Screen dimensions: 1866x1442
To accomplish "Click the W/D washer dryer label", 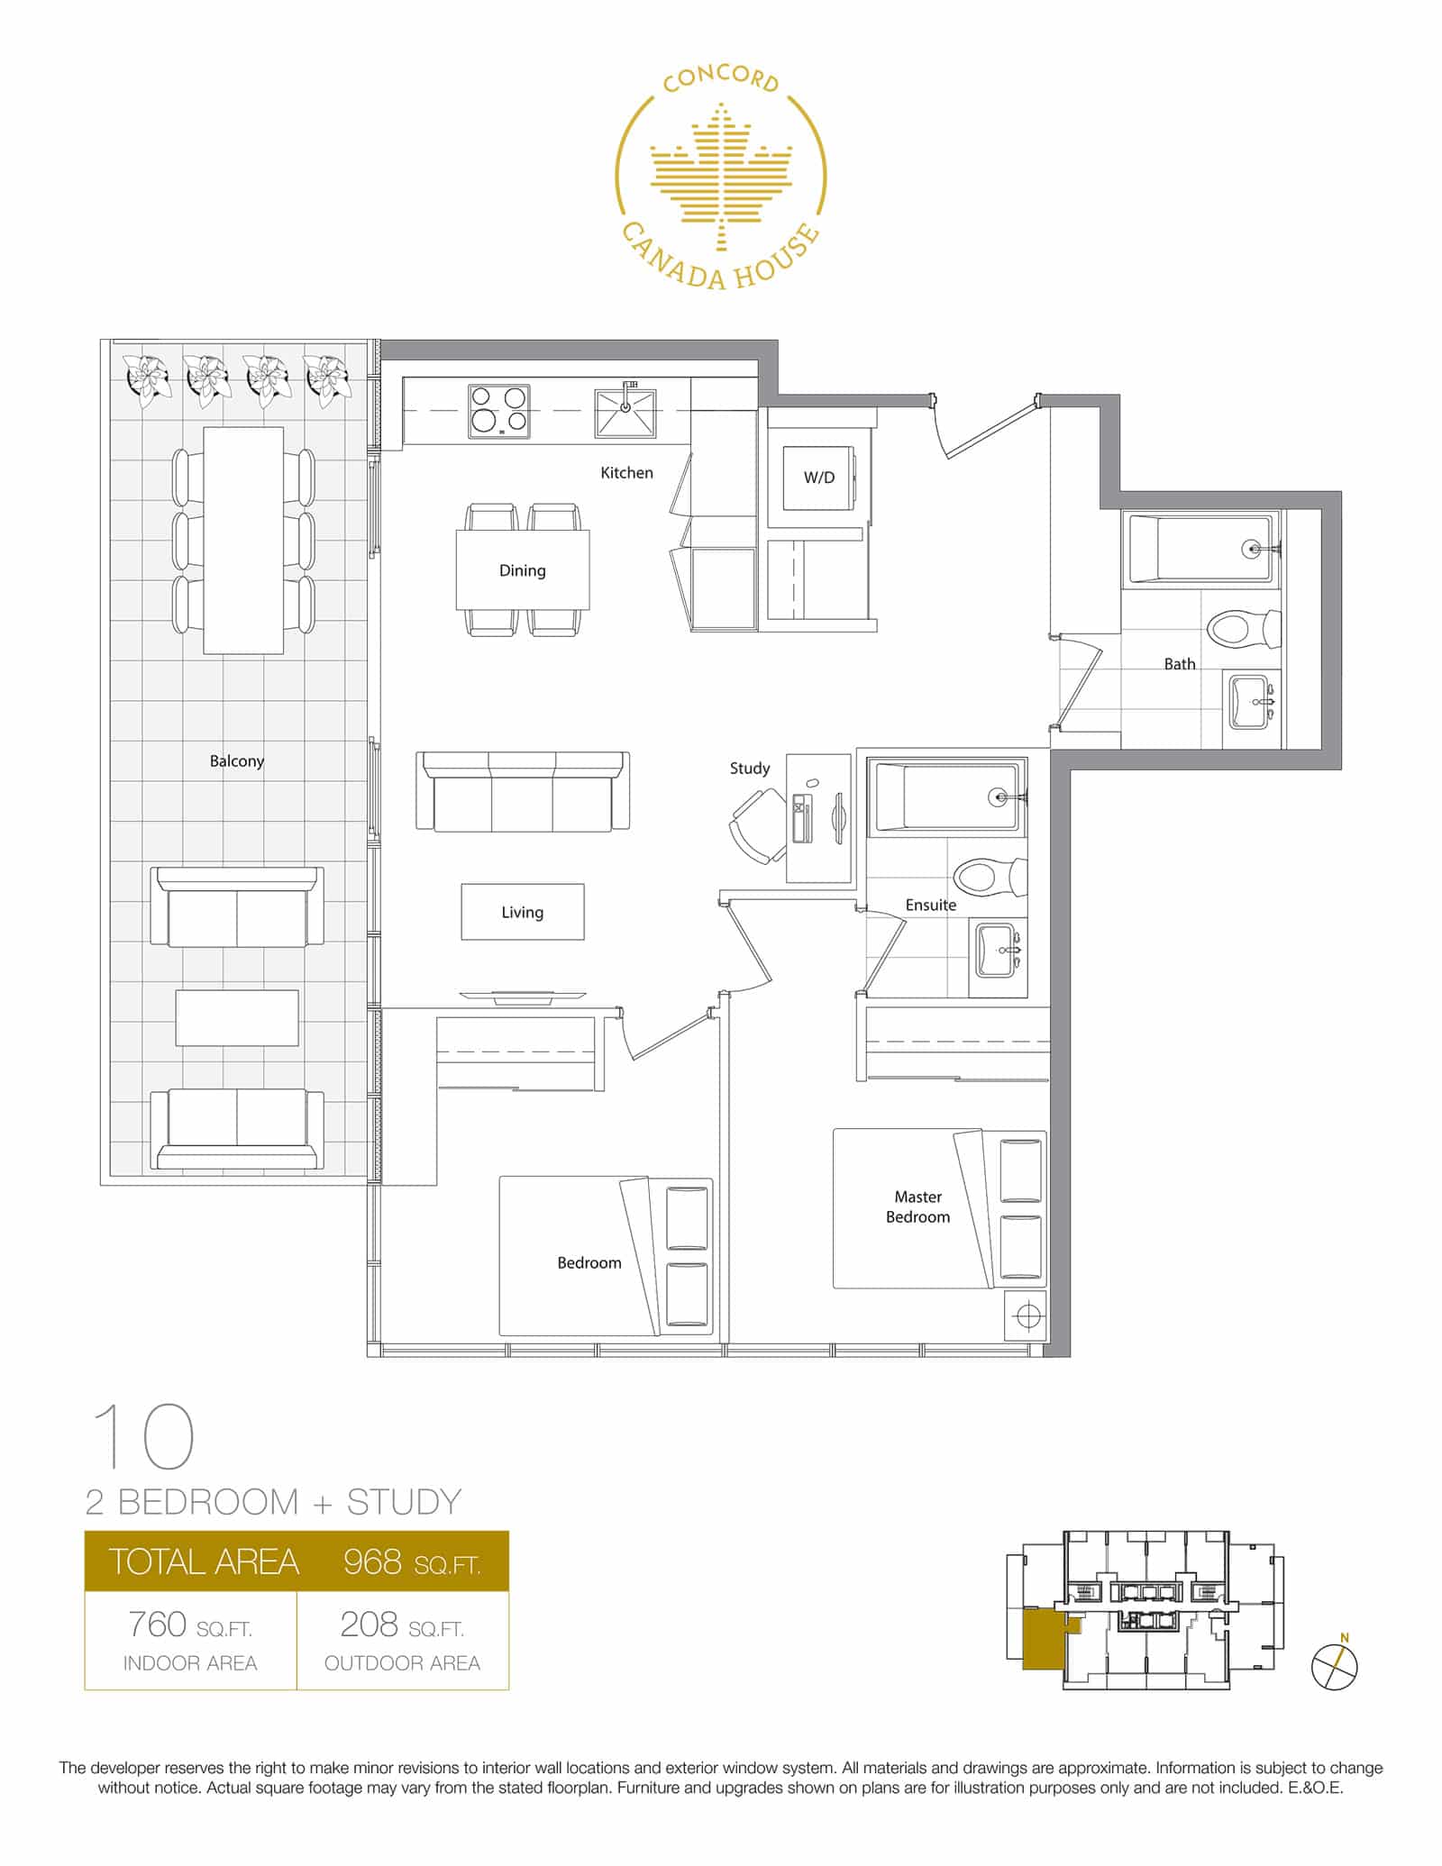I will tap(818, 478).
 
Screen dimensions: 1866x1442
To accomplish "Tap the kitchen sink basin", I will tap(625, 414).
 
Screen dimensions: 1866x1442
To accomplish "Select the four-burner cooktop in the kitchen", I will tap(498, 411).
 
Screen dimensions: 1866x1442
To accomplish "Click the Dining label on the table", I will tap(523, 570).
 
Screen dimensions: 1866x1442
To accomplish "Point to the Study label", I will tap(750, 768).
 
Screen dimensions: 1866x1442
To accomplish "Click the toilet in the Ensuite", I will tap(989, 876).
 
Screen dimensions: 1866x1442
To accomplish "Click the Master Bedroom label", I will tap(917, 1206).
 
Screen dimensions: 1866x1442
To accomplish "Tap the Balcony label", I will tap(237, 760).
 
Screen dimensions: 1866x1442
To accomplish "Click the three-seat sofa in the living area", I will tap(523, 793).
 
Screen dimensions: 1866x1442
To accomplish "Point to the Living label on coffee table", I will tap(523, 912).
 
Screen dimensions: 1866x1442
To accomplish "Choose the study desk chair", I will tap(757, 825).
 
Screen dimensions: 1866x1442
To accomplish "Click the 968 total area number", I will tap(372, 1561).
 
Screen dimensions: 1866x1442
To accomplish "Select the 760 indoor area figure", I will tap(157, 1625).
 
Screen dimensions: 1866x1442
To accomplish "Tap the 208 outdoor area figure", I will tap(369, 1625).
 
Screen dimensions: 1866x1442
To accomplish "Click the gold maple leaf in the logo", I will tap(720, 176).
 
